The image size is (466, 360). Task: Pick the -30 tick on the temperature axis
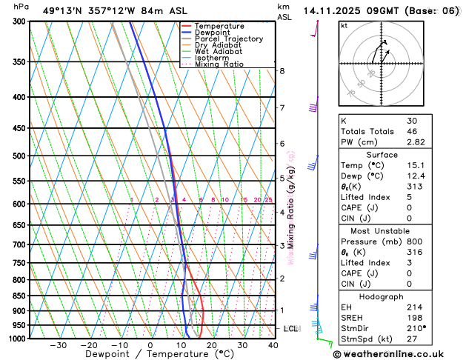[58, 345]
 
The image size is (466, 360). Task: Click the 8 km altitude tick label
[282, 71]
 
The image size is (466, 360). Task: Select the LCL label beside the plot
[291, 328]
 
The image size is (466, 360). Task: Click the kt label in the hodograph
[344, 25]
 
